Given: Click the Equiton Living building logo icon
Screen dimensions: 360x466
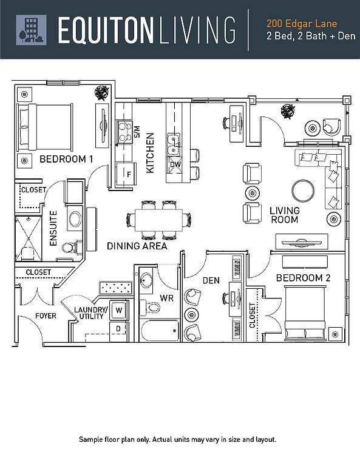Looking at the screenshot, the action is (x=31, y=30).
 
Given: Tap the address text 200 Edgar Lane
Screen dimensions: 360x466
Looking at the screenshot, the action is (x=302, y=24).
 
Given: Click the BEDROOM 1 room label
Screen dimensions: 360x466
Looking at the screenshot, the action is (x=66, y=159).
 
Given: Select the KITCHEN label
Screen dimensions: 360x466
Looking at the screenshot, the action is (x=150, y=152).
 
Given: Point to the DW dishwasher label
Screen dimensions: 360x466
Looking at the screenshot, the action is (x=175, y=164).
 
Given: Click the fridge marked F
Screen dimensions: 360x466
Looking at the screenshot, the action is (x=126, y=174).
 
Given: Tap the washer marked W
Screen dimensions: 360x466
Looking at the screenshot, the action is (x=119, y=310).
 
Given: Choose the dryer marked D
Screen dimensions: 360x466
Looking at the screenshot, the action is (x=119, y=331).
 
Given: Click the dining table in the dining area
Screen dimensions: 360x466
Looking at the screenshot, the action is (x=158, y=220).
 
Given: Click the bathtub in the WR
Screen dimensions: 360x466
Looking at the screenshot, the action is (x=160, y=331).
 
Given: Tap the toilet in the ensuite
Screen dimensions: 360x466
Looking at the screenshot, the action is (x=72, y=248).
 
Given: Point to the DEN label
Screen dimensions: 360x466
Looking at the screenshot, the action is (x=211, y=280).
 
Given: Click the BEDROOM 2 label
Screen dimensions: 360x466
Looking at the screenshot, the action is (x=303, y=278).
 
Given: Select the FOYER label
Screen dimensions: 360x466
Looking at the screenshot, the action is (x=46, y=316).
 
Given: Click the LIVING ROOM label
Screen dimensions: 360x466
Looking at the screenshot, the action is (x=284, y=215).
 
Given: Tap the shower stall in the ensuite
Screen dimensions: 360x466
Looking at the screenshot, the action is (x=29, y=238).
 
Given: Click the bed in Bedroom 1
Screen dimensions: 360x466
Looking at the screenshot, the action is (x=45, y=127).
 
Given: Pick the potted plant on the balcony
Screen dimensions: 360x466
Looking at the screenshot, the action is (x=288, y=111).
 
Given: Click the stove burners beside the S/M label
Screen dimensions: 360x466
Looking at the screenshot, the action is (x=124, y=132).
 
